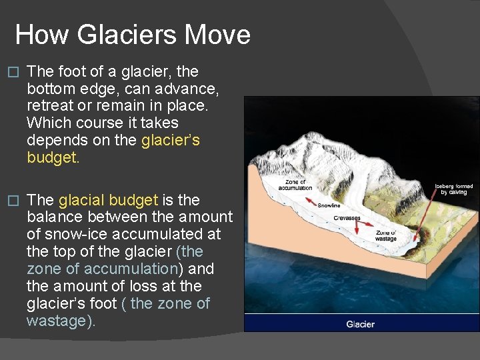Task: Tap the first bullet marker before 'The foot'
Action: coord(9,72)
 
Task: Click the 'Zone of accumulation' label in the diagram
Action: coord(295,185)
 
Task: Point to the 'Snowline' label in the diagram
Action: coord(329,205)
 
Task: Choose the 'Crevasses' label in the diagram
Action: coord(347,218)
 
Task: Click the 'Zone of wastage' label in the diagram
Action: coord(385,235)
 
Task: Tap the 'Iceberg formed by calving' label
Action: coord(453,189)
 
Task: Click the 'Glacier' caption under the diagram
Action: coord(360,325)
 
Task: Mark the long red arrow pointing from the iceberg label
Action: coord(431,214)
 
